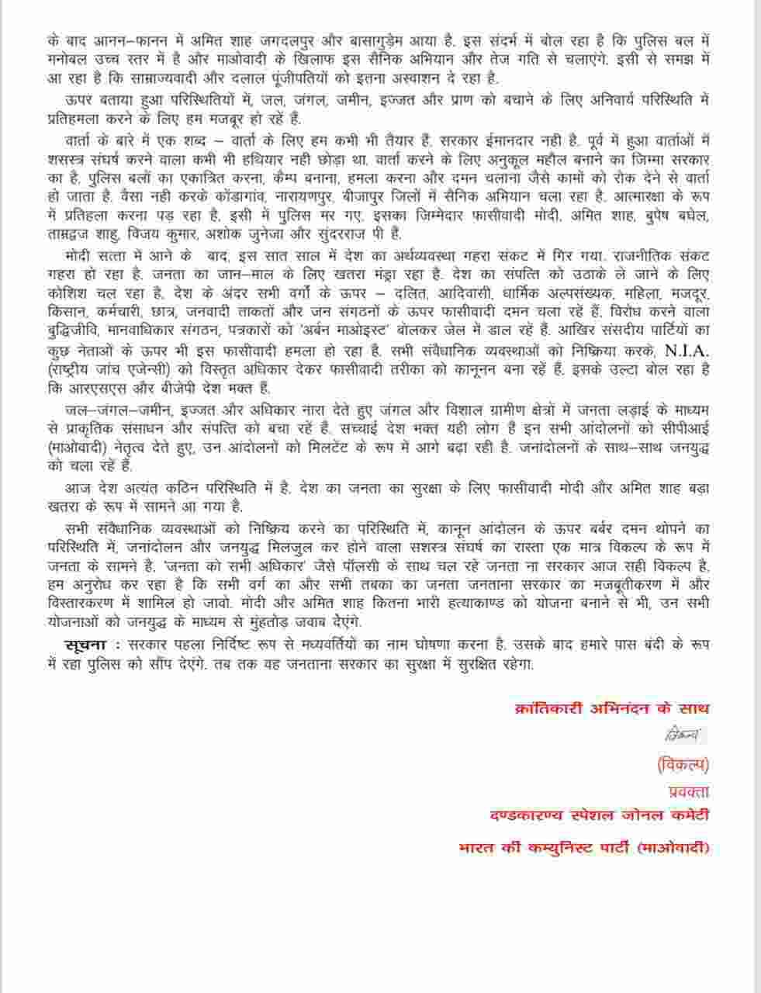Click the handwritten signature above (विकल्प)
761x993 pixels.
pos(683,732)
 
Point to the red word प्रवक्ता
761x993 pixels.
pos(689,791)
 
